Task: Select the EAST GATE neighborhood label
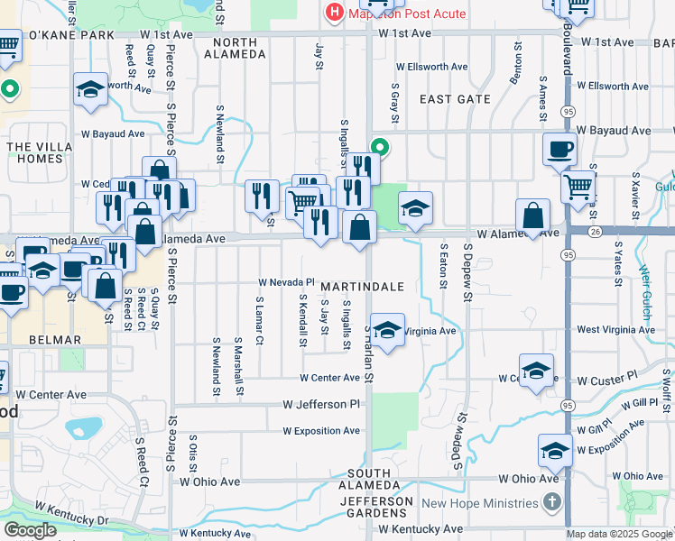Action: [454, 99]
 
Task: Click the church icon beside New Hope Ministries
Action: [553, 502]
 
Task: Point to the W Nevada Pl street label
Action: [286, 282]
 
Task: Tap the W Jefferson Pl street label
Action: [321, 405]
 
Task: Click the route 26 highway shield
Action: [569, 232]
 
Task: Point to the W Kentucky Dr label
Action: [72, 514]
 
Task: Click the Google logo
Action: [30, 530]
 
